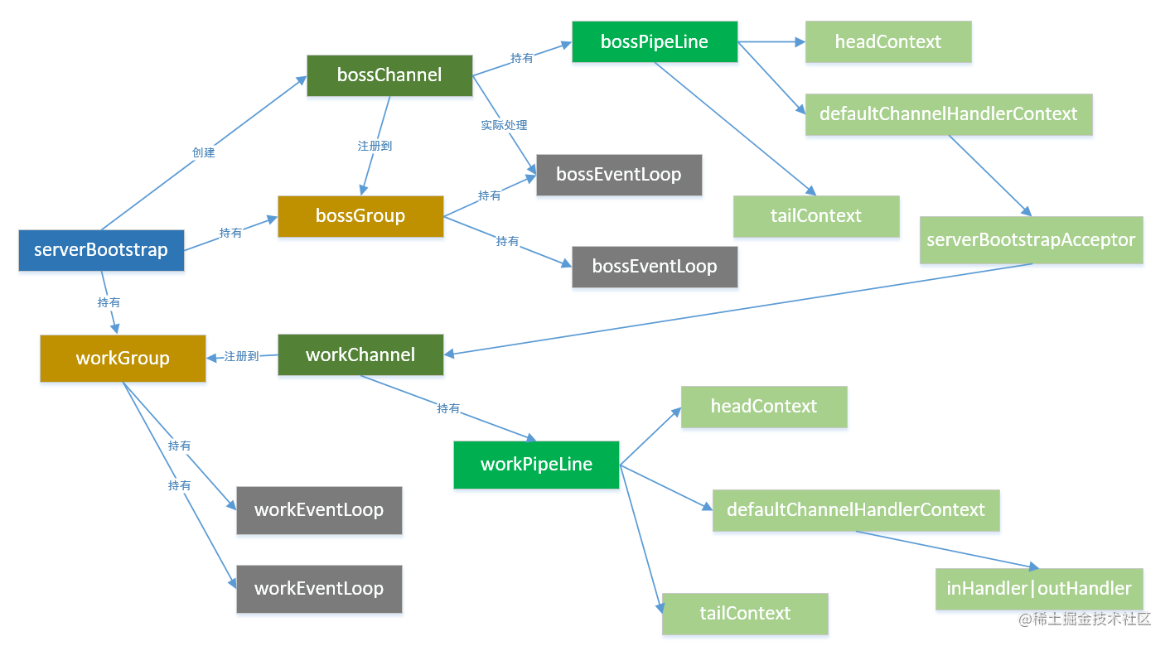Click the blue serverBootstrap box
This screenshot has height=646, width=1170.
point(101,250)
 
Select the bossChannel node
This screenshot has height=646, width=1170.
point(389,75)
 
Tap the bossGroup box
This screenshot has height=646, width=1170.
point(360,216)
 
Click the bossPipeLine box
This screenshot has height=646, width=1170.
point(655,41)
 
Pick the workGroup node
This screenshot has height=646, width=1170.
point(123,359)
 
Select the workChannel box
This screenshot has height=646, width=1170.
point(360,354)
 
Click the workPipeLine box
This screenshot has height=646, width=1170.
point(536,465)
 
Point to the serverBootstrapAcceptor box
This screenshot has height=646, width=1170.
point(1031,240)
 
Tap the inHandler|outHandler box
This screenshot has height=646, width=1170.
point(1039,589)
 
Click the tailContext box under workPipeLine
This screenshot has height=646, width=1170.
point(745,614)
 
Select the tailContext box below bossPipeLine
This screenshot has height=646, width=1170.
point(816,216)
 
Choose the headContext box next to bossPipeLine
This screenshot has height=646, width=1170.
point(888,41)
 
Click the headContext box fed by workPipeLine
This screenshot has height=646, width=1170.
point(764,407)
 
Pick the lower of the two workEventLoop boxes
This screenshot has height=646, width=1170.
point(319,589)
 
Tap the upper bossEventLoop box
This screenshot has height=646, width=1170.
point(619,175)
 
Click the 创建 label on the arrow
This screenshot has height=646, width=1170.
point(203,152)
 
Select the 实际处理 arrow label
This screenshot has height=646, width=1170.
point(504,125)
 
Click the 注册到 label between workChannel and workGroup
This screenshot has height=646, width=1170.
point(241,356)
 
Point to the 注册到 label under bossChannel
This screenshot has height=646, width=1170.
point(375,146)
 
